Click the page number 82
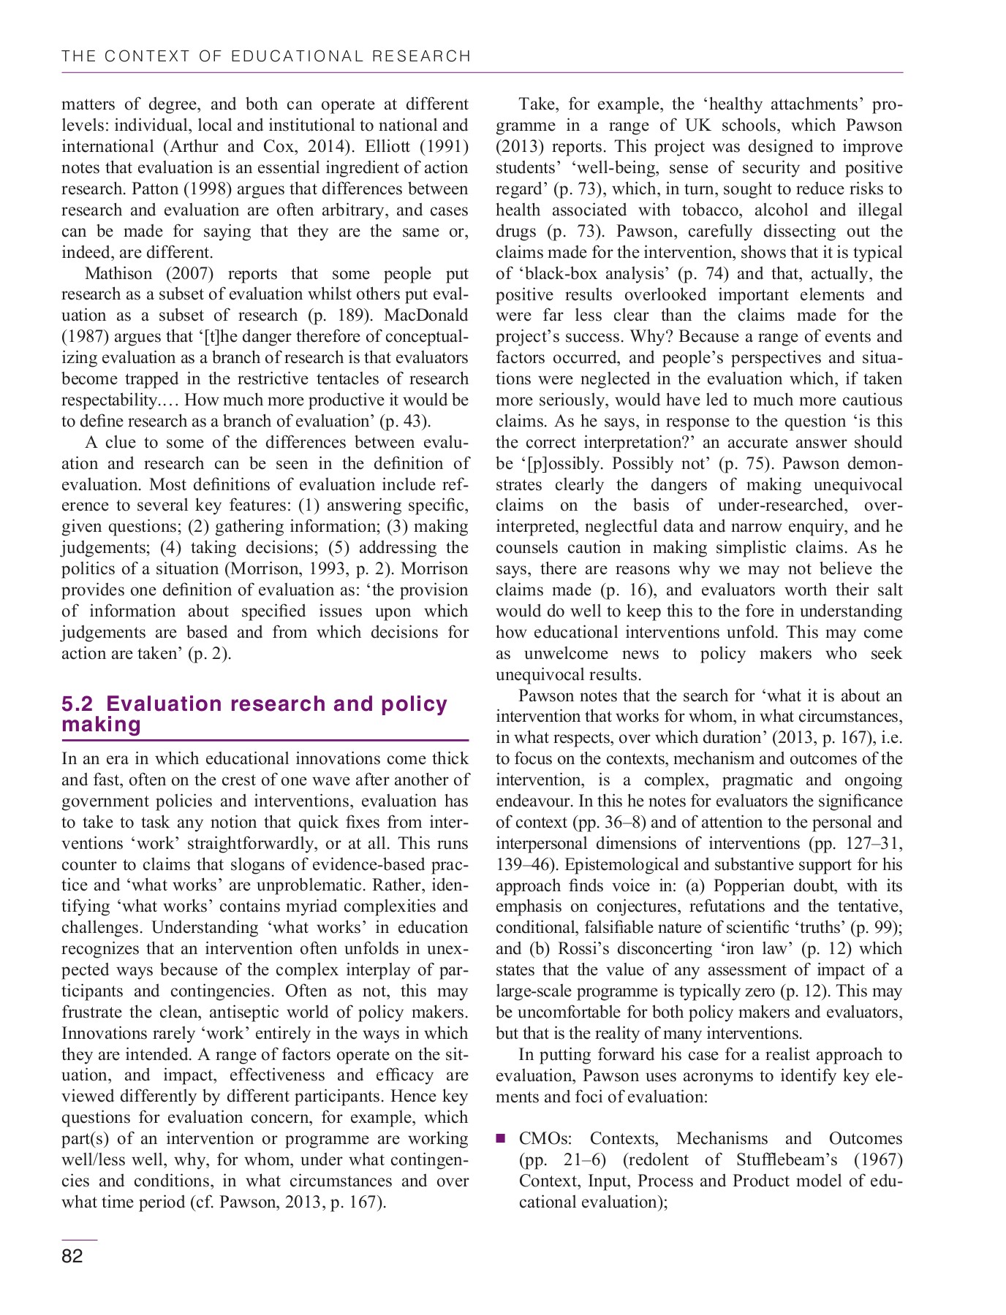72,1256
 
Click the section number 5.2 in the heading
77,704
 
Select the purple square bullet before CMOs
501,1138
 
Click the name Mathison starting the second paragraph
118,273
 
